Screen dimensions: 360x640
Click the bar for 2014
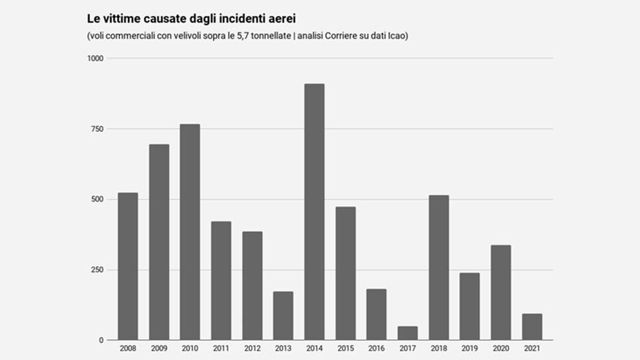pos(314,212)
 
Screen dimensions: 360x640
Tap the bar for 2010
pos(190,232)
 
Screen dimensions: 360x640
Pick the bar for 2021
pos(532,327)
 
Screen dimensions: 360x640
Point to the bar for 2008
pos(128,267)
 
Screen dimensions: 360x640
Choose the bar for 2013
pos(283,316)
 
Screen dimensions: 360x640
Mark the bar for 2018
pos(438,268)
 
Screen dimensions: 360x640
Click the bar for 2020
pos(501,292)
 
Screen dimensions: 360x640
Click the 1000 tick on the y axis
pos(96,58)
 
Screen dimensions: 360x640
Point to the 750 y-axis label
pos(97,129)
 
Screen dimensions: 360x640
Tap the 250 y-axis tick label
pos(97,270)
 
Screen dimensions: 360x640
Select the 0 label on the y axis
pos(101,340)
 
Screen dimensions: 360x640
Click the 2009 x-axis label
pos(159,348)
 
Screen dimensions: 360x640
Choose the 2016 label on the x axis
pos(376,348)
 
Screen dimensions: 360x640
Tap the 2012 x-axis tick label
pos(252,348)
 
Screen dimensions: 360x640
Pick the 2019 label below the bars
pos(470,348)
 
